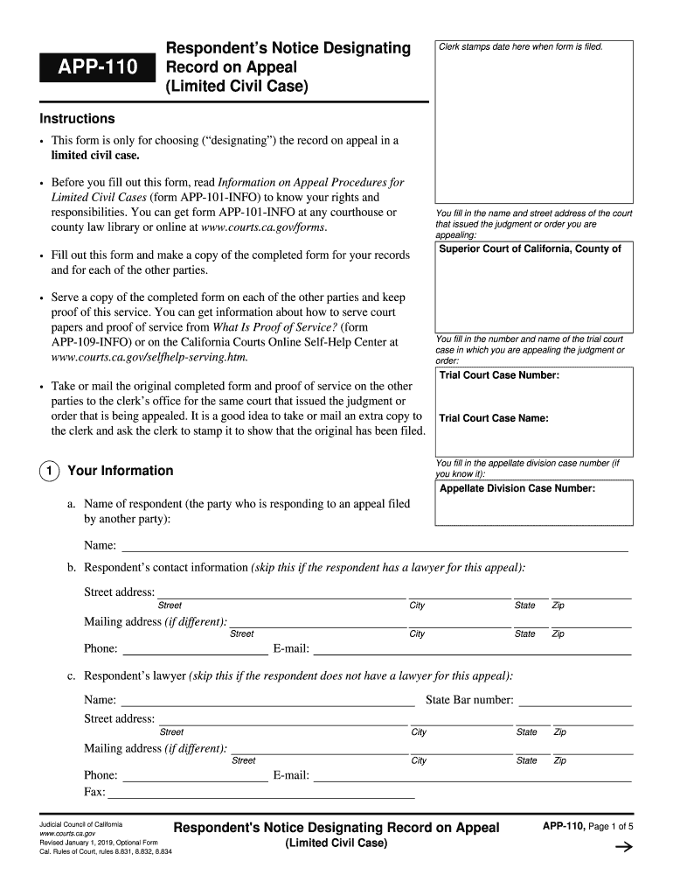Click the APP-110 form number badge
click(x=97, y=66)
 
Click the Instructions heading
click(x=77, y=118)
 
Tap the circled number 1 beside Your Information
click(x=48, y=471)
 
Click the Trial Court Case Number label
click(x=499, y=375)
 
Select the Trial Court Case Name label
click(x=494, y=418)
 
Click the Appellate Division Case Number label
click(x=517, y=488)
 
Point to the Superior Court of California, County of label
click(x=530, y=249)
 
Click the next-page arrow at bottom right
click(x=623, y=847)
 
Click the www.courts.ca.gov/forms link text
click(x=264, y=227)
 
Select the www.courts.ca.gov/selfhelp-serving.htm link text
click(x=149, y=357)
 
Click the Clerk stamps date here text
click(x=521, y=46)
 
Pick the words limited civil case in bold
click(x=95, y=155)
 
